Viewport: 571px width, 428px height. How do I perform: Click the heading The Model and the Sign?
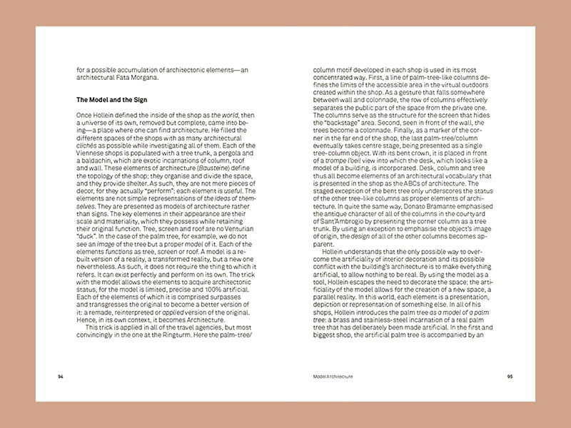pyautogui.click(x=111, y=99)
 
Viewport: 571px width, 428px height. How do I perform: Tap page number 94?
pyautogui.click(x=61, y=375)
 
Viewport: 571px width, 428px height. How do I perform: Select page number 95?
pyautogui.click(x=510, y=375)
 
